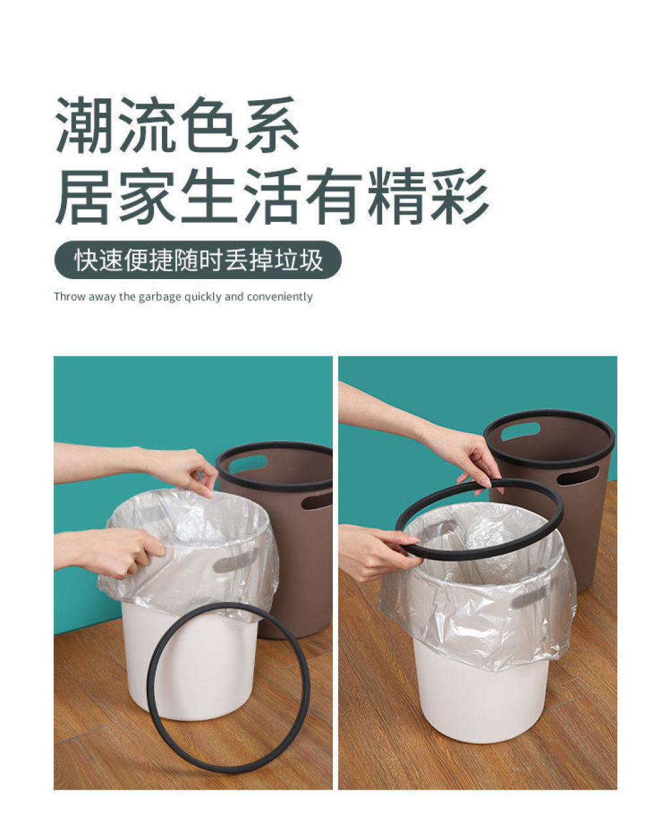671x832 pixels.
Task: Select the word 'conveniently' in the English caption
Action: coord(280,297)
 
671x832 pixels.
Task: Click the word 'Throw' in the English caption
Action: coord(69,297)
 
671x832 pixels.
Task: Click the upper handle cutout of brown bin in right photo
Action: coord(520,432)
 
